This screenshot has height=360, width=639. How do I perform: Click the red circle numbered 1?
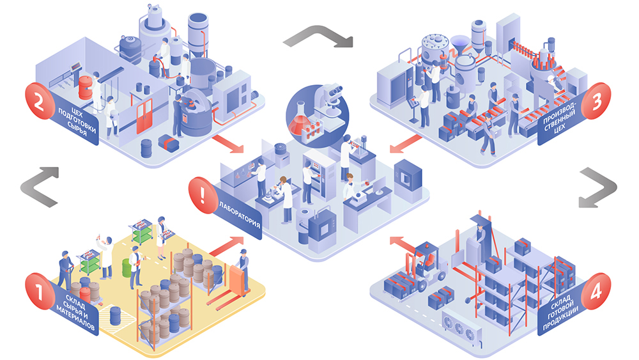click(x=40, y=291)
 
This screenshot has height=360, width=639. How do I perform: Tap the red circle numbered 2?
click(x=40, y=101)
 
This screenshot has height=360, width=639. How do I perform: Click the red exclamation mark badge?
click(x=203, y=195)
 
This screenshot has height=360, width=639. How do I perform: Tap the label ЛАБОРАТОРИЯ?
click(x=240, y=213)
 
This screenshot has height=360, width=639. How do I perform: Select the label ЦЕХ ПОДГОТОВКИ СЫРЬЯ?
click(x=77, y=121)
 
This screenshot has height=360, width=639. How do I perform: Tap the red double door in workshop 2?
click(x=144, y=117)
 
